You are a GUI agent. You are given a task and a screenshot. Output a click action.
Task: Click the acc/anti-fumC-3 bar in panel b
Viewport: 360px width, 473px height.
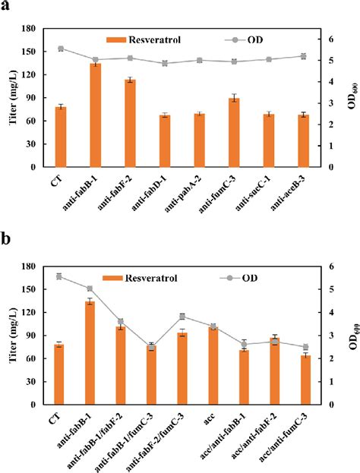pyautogui.click(x=305, y=380)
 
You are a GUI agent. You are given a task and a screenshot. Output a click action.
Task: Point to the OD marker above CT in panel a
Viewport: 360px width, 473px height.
pyautogui.click(x=61, y=49)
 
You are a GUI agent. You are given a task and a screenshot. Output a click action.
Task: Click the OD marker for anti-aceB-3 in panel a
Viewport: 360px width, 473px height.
pyautogui.click(x=304, y=56)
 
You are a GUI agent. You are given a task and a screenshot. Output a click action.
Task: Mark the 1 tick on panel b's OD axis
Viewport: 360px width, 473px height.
pyautogui.click(x=326, y=382)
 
